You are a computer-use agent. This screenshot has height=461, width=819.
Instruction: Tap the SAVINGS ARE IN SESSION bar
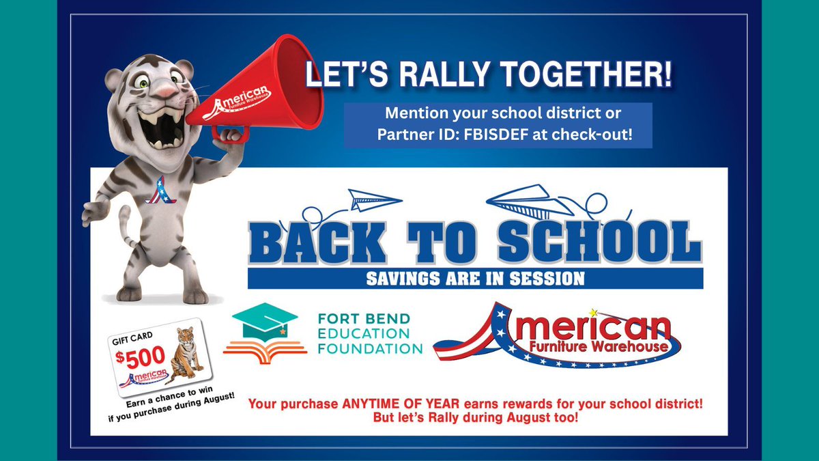[x=475, y=279]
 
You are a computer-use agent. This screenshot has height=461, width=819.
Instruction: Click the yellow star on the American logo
[x=594, y=313]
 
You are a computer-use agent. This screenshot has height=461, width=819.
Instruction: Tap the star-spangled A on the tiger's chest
[x=158, y=191]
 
